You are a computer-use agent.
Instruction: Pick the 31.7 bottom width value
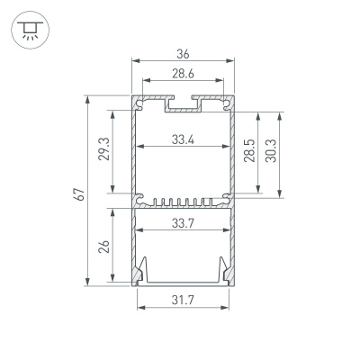click(183, 301)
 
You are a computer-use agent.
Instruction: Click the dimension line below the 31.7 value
click(183, 310)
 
